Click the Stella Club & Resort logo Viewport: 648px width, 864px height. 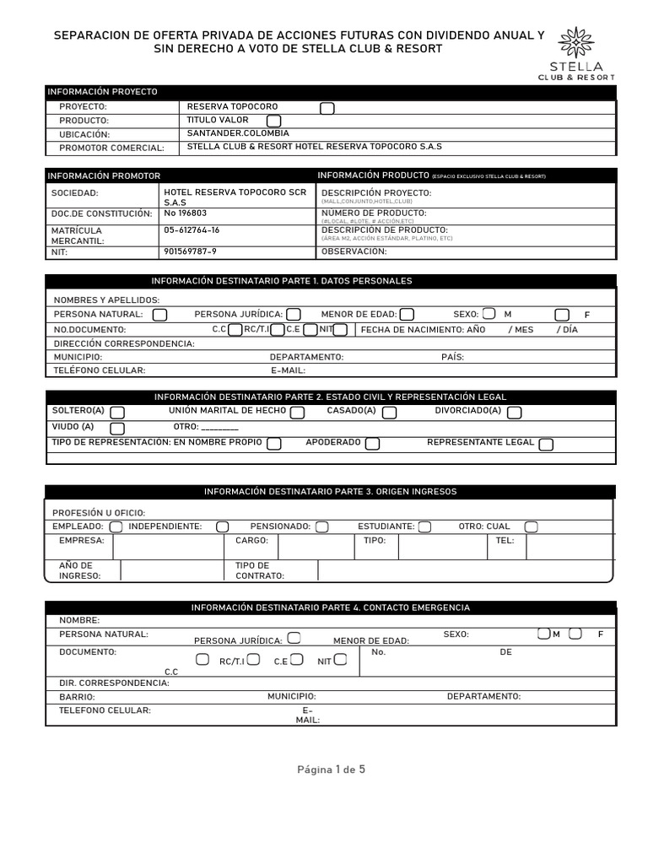click(x=576, y=54)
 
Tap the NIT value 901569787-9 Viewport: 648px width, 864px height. click(x=190, y=251)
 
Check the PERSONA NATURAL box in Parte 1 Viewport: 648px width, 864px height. click(x=159, y=315)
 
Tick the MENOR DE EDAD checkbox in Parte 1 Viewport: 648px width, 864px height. click(x=407, y=315)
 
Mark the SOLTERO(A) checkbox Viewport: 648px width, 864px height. click(x=117, y=413)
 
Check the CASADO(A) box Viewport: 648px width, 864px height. click(x=389, y=413)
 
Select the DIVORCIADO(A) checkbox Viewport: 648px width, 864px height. click(x=514, y=413)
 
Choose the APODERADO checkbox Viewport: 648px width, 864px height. click(x=372, y=444)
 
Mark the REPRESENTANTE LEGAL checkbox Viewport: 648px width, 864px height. click(x=546, y=444)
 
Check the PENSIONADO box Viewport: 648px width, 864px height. click(x=322, y=526)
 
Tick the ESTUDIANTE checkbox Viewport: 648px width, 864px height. click(x=424, y=526)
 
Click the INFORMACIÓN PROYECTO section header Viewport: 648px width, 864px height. click(x=102, y=92)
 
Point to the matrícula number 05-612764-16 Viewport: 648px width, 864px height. click(x=192, y=230)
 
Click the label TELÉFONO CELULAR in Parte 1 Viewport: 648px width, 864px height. click(x=100, y=370)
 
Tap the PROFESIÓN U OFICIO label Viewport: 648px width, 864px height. click(x=99, y=513)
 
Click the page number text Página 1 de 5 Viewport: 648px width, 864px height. click(x=331, y=769)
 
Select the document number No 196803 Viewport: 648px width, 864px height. click(x=185, y=213)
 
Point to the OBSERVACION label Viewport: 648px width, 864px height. click(x=354, y=251)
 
